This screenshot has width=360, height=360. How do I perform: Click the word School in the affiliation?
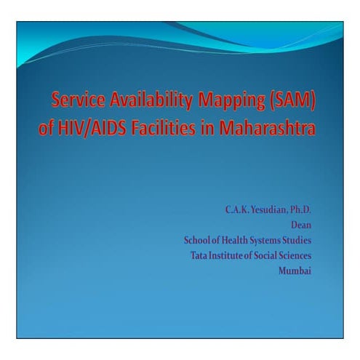pos(197,241)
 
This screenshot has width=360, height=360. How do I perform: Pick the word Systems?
pos(273,241)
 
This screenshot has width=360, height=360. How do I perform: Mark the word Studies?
pos(306,241)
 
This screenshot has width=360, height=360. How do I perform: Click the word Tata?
pos(196,255)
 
